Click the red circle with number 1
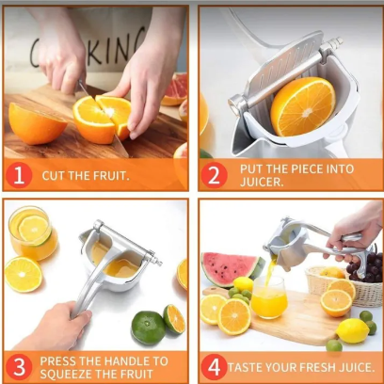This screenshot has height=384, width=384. tap(19, 175)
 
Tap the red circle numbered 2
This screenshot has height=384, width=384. tap(214, 175)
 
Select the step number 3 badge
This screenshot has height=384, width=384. tap(19, 367)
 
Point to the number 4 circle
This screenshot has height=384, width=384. tap(214, 367)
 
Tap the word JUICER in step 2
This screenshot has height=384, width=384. tap(262, 182)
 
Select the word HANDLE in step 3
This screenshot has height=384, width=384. tap(125, 361)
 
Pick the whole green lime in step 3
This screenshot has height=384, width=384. tap(148, 328)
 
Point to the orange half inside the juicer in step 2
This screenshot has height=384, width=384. tap(303, 106)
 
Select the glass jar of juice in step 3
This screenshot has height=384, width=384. tap(32, 232)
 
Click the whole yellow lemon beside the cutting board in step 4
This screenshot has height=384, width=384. tap(352, 330)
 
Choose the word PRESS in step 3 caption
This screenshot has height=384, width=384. tap(58, 361)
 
